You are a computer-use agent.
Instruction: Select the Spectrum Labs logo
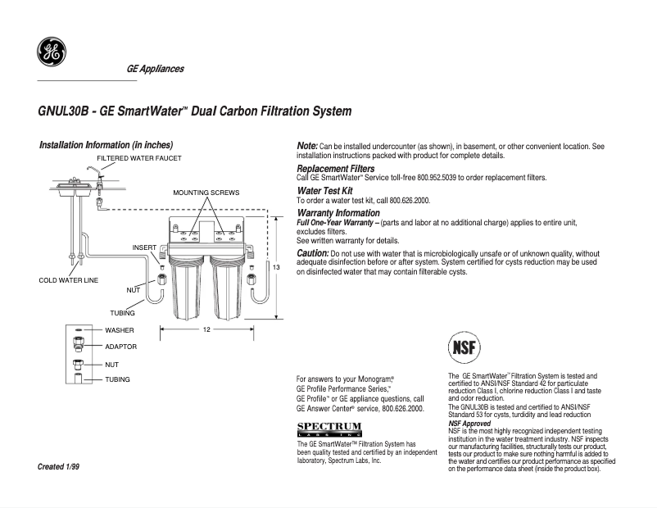pos(328,429)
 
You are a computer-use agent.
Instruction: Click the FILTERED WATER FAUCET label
pos(138,157)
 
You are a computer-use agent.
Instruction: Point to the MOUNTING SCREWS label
pos(206,193)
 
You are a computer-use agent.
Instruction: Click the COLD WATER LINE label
pos(68,280)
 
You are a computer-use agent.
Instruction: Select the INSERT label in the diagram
pos(144,247)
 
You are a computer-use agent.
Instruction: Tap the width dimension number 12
pos(207,329)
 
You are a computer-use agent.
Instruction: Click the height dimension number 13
pos(277,268)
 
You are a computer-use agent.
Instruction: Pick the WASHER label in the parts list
pos(119,330)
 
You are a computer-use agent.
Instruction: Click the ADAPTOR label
pos(120,347)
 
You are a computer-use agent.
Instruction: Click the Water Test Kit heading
pos(324,191)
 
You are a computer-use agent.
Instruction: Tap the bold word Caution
pos(312,253)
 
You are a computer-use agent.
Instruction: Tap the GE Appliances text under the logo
pos(155,69)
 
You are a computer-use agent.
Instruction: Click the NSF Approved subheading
pos(469,423)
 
